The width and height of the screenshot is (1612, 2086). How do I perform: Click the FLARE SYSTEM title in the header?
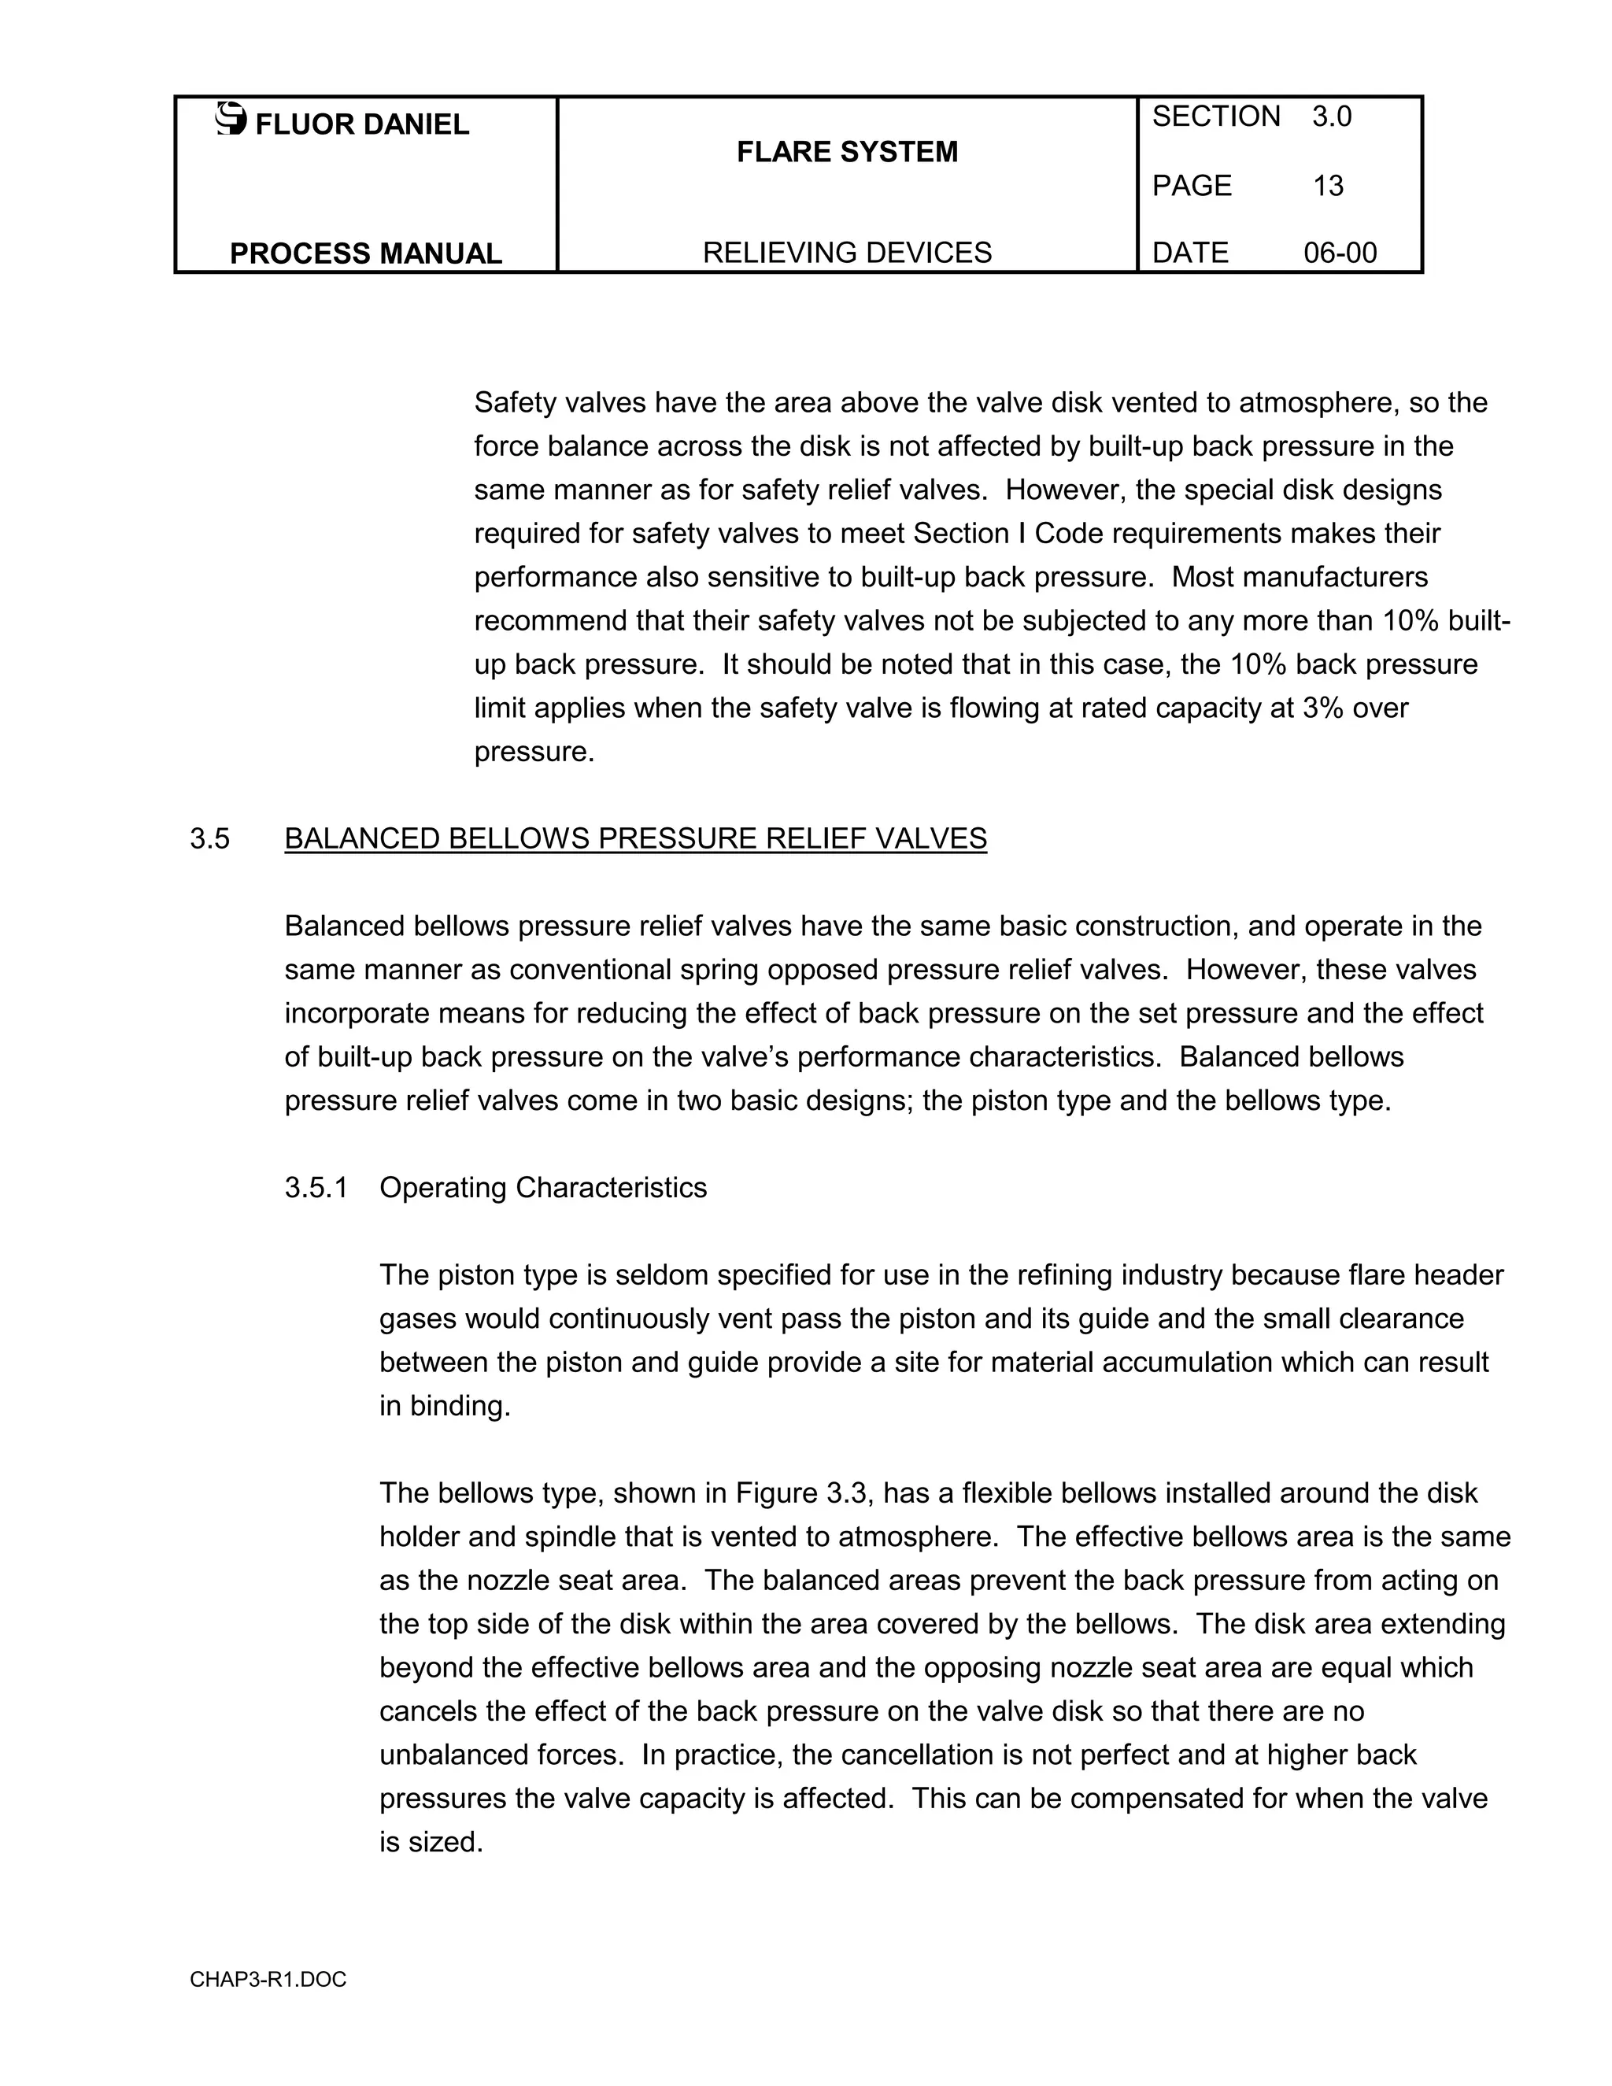(846, 152)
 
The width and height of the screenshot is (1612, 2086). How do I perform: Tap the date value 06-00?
(1340, 253)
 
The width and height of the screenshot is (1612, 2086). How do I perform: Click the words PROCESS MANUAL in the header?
(366, 253)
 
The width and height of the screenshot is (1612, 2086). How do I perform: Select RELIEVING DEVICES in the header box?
(846, 253)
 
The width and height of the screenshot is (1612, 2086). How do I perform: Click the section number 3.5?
(210, 838)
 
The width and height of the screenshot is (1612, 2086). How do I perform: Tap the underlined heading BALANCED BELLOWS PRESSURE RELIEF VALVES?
(635, 838)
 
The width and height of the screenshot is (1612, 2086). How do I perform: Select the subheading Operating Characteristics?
(542, 1187)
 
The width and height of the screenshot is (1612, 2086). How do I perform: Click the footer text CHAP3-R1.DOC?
(268, 1980)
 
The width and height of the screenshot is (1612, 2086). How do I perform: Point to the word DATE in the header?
(1190, 253)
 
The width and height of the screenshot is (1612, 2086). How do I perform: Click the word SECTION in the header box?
(1215, 117)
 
